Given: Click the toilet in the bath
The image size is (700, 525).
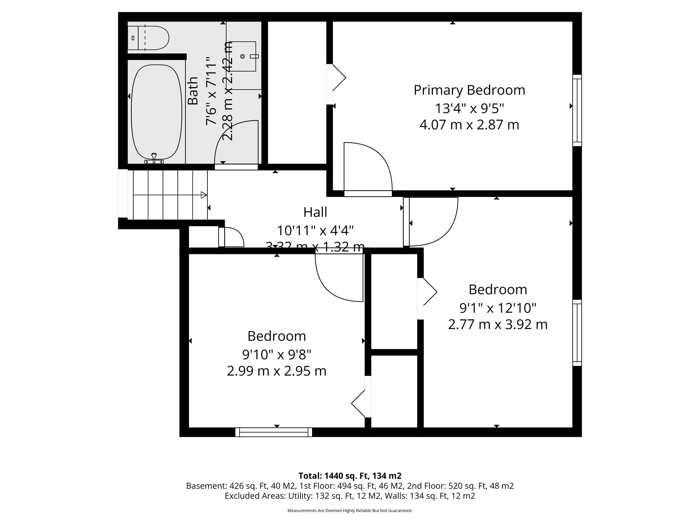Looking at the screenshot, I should point(149,38).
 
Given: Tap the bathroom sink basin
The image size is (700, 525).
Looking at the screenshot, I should point(243,56).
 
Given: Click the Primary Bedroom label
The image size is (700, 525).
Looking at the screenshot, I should point(469,90).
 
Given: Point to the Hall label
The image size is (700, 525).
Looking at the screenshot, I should point(315,212).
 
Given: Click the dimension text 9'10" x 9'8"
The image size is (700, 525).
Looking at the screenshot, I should point(277,355).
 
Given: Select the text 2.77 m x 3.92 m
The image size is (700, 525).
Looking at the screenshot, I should point(497,324).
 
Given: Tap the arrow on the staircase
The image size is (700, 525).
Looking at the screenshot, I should point(204,195).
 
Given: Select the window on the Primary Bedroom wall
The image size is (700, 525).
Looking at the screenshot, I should point(577,110).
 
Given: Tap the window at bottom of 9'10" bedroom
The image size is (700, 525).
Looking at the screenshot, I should point(273,432).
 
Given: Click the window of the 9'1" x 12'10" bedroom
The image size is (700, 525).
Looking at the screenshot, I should point(577,333).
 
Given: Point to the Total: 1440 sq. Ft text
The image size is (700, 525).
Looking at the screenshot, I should point(349,476).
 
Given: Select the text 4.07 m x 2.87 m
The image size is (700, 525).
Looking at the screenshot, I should point(469,125).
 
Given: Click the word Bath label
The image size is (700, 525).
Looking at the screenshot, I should point(193,91).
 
